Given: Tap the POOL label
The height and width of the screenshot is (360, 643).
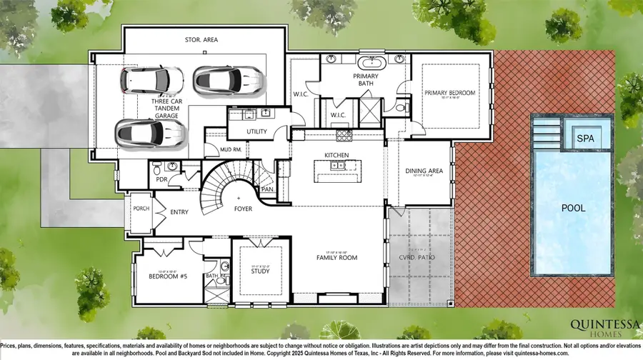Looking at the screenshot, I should pyautogui.click(x=573, y=208).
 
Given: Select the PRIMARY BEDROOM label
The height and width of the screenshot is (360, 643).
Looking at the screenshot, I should pyautogui.click(x=449, y=93).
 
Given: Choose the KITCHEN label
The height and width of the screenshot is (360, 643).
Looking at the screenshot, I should pyautogui.click(x=336, y=154).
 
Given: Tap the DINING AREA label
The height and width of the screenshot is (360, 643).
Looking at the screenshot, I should pyautogui.click(x=424, y=171).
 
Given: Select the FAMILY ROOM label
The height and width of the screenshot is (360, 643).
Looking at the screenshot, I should pyautogui.click(x=337, y=257).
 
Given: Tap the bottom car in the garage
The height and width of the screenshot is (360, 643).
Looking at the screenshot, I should pyautogui.click(x=149, y=131).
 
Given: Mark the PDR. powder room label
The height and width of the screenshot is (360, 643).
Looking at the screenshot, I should pyautogui.click(x=161, y=179).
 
